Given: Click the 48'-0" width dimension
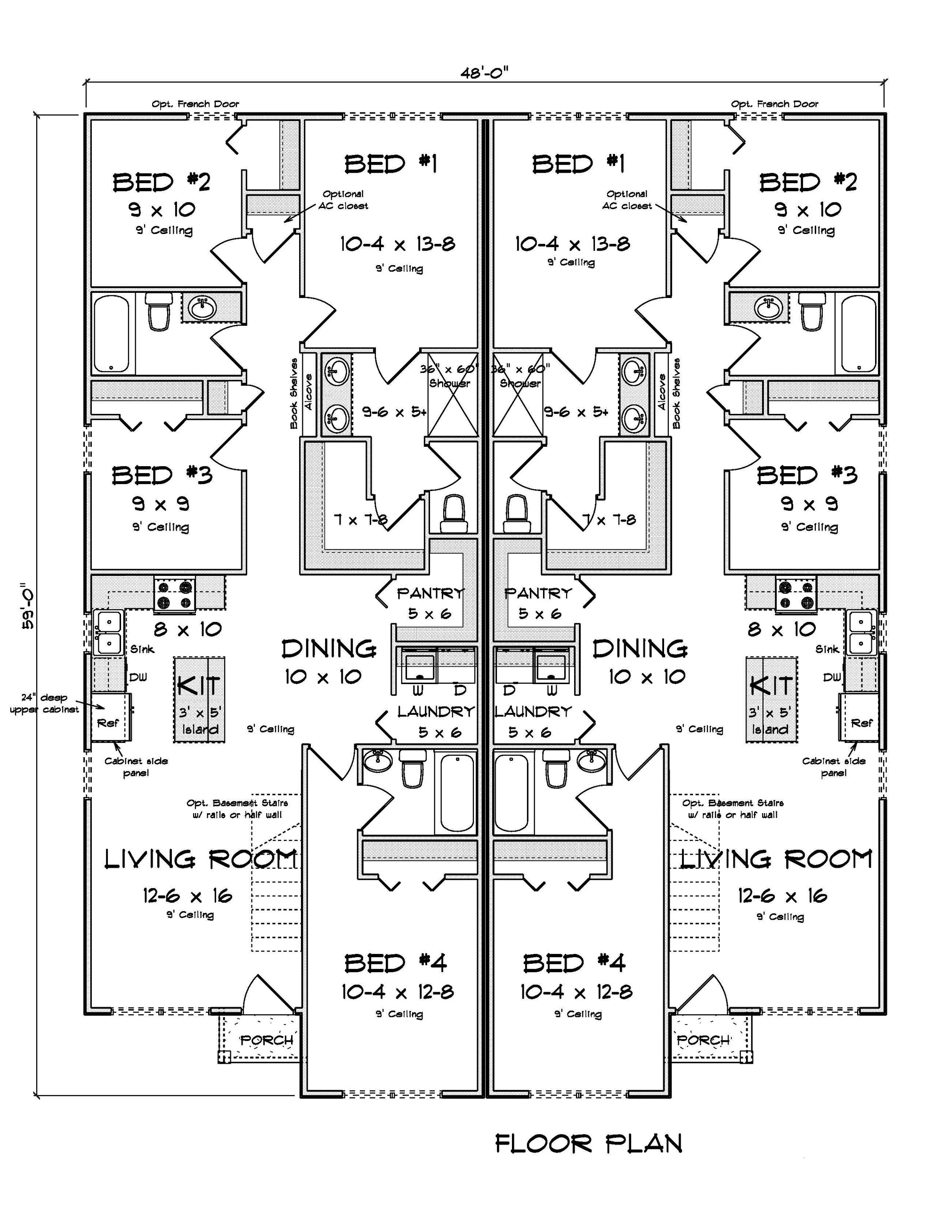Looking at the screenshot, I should (x=484, y=73).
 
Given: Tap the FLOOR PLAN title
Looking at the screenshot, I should (x=589, y=1144).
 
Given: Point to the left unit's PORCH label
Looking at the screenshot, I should (x=267, y=1041).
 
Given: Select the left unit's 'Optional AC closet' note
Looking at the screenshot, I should (x=343, y=200).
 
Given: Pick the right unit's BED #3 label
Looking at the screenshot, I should (x=806, y=476).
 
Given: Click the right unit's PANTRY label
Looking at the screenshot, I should (x=538, y=593).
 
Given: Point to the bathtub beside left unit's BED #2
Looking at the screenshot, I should (x=112, y=334).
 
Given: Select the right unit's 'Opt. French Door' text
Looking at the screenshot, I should (x=774, y=104).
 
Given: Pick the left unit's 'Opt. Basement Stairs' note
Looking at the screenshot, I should (x=237, y=809).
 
